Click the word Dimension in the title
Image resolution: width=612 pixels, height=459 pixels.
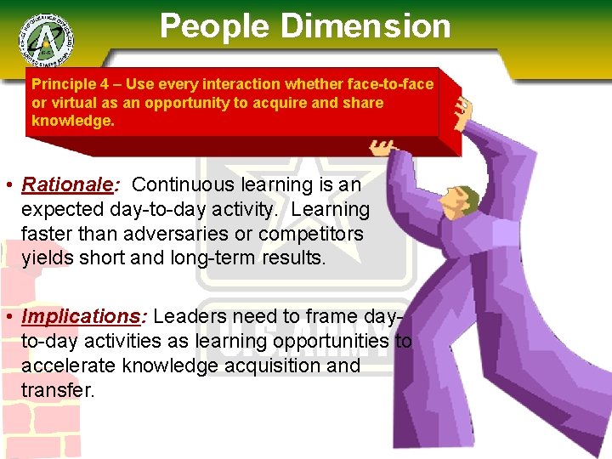point(366,26)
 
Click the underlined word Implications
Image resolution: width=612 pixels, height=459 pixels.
point(82,316)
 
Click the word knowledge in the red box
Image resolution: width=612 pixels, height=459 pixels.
point(71,121)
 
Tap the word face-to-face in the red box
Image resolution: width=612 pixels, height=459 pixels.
point(397,84)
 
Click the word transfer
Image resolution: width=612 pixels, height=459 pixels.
point(58,390)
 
